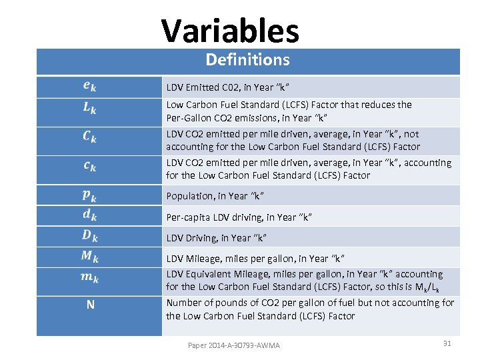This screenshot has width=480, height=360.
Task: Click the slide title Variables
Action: (230, 31)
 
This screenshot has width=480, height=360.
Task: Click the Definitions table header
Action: (247, 60)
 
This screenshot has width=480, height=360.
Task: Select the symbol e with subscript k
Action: (89, 87)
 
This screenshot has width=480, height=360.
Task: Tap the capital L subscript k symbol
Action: (89, 108)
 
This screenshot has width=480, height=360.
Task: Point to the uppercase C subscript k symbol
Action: (89, 137)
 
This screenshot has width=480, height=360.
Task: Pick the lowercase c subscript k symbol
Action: (89, 167)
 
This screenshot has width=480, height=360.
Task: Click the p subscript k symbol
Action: (89, 195)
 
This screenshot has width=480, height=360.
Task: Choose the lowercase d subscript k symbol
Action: (89, 216)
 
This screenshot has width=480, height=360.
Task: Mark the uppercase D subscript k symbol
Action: (90, 237)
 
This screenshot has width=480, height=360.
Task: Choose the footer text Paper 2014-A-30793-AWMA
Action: (234, 345)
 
